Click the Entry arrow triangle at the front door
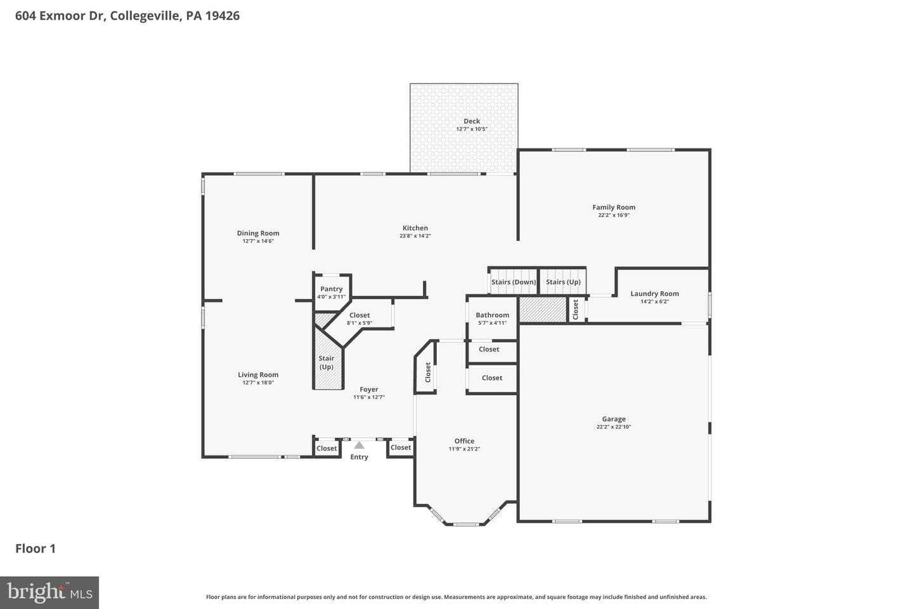pyautogui.click(x=359, y=445)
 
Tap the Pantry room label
pyautogui.click(x=332, y=289)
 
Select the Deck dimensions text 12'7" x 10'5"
pyautogui.click(x=472, y=129)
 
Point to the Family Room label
pyautogui.click(x=614, y=207)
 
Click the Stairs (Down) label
pyautogui.click(x=514, y=282)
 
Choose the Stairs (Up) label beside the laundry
pyautogui.click(x=563, y=282)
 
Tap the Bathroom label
pyautogui.click(x=493, y=315)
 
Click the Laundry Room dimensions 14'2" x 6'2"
pyautogui.click(x=654, y=301)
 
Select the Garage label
pyautogui.click(x=614, y=419)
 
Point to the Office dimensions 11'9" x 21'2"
pyautogui.click(x=464, y=449)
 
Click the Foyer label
pyautogui.click(x=369, y=390)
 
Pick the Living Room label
pyautogui.click(x=258, y=374)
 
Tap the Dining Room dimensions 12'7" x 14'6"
pyautogui.click(x=258, y=241)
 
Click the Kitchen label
pyautogui.click(x=415, y=228)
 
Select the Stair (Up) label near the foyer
pyautogui.click(x=326, y=362)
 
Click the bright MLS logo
pyautogui.click(x=49, y=593)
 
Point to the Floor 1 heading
pyautogui.click(x=36, y=549)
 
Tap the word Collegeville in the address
pyautogui.click(x=145, y=16)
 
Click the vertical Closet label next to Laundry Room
pyautogui.click(x=576, y=310)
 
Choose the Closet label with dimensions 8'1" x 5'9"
pyautogui.click(x=359, y=315)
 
